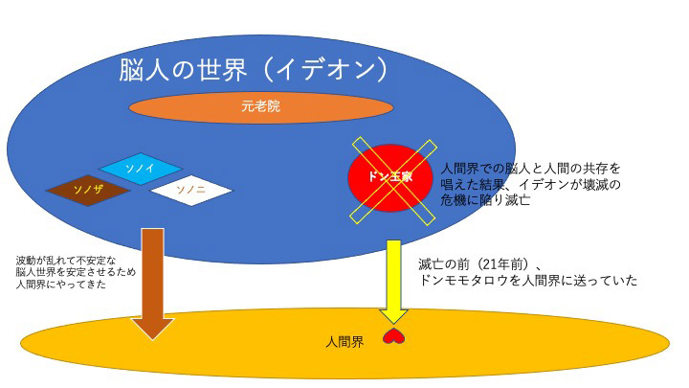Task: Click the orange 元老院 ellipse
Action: pyautogui.click(x=260, y=107)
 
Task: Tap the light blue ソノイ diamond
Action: pyautogui.click(x=141, y=169)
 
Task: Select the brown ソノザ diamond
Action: pyautogui.click(x=88, y=190)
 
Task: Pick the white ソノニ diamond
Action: pyautogui.click(x=191, y=190)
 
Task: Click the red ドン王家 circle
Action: pyautogui.click(x=391, y=177)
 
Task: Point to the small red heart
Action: pyautogui.click(x=391, y=336)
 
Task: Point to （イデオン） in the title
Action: pyautogui.click(x=325, y=70)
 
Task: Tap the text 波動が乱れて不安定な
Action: pyautogui.click(x=66, y=260)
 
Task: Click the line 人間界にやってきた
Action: pyautogui.click(x=61, y=285)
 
